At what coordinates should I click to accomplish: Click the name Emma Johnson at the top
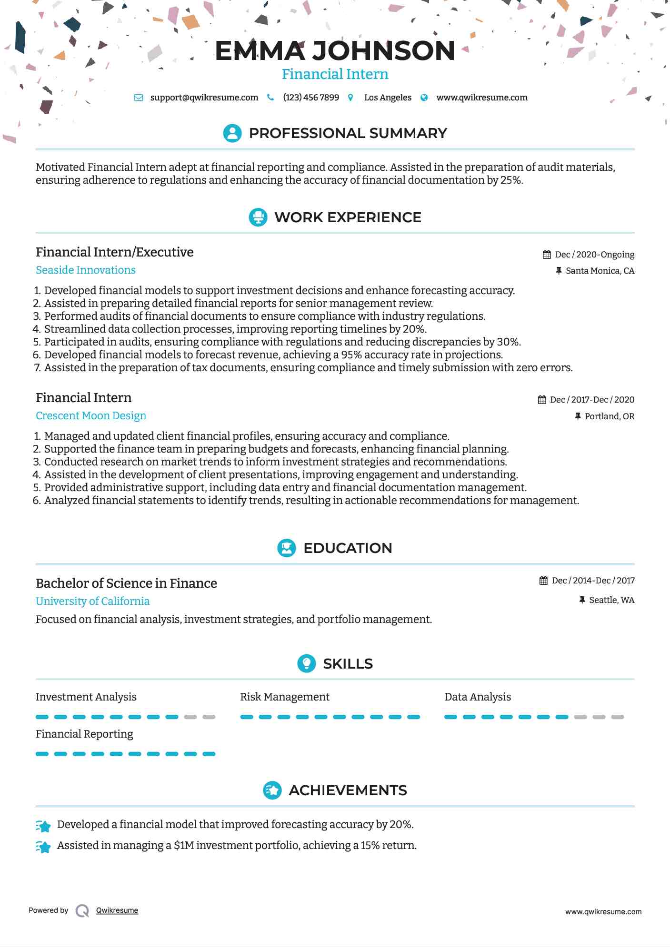[x=335, y=50]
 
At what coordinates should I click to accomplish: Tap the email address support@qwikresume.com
[x=204, y=98]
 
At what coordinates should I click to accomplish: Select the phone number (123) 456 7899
[x=311, y=98]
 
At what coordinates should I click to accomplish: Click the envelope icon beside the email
[x=139, y=98]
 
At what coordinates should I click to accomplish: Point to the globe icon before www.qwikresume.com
[x=424, y=98]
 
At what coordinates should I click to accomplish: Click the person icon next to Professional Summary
[x=232, y=133]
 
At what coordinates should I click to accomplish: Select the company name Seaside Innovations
[x=86, y=270]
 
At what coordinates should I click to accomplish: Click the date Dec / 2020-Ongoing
[x=594, y=255]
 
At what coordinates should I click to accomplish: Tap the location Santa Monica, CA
[x=600, y=271]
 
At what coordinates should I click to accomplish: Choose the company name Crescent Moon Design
[x=91, y=415]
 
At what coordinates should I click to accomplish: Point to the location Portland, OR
[x=609, y=416]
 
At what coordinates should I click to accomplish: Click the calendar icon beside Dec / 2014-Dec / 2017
[x=543, y=581]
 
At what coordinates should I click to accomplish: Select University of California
[x=92, y=601]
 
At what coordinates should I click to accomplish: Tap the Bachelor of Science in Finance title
[x=126, y=583]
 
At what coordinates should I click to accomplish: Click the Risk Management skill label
[x=284, y=697]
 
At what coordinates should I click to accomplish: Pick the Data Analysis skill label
[x=477, y=697]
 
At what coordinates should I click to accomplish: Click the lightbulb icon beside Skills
[x=306, y=663]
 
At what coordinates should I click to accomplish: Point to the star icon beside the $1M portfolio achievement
[x=43, y=847]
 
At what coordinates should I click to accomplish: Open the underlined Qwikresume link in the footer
[x=117, y=910]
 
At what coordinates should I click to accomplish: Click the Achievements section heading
[x=348, y=790]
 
